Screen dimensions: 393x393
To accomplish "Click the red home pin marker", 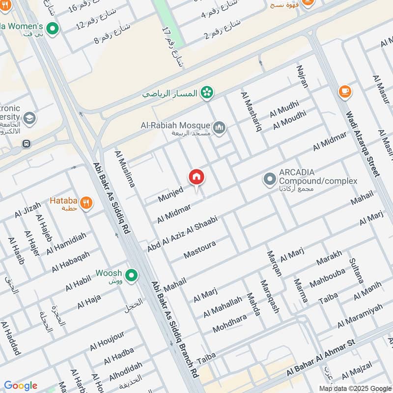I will pyautogui.click(x=196, y=177).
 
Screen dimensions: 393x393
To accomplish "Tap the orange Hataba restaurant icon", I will pyautogui.click(x=86, y=202).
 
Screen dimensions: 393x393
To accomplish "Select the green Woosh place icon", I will pyautogui.click(x=131, y=276).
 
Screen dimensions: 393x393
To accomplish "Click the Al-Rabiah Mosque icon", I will pyautogui.click(x=219, y=128).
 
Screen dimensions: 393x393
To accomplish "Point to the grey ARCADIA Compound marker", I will pyautogui.click(x=269, y=179).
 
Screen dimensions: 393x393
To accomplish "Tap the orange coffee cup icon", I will pyautogui.click(x=345, y=92).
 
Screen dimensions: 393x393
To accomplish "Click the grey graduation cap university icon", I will pyautogui.click(x=29, y=118).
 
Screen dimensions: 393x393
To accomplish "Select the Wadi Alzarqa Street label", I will pyautogui.click(x=363, y=143).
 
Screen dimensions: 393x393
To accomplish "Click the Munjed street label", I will pyautogui.click(x=170, y=194).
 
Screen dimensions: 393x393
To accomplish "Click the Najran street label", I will pyautogui.click(x=302, y=76).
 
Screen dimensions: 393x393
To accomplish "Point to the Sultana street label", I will pyautogui.click(x=356, y=271).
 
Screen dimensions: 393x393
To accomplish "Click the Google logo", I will pyautogui.click(x=21, y=386).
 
